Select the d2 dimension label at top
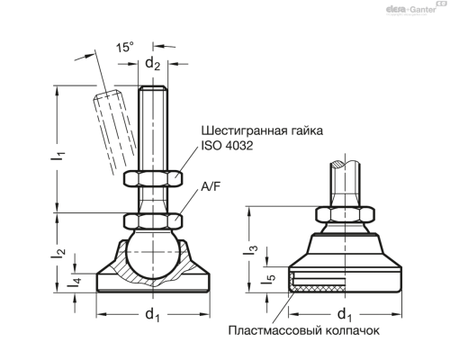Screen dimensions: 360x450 (x=153, y=63)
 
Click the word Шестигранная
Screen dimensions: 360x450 (x=237, y=130)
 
